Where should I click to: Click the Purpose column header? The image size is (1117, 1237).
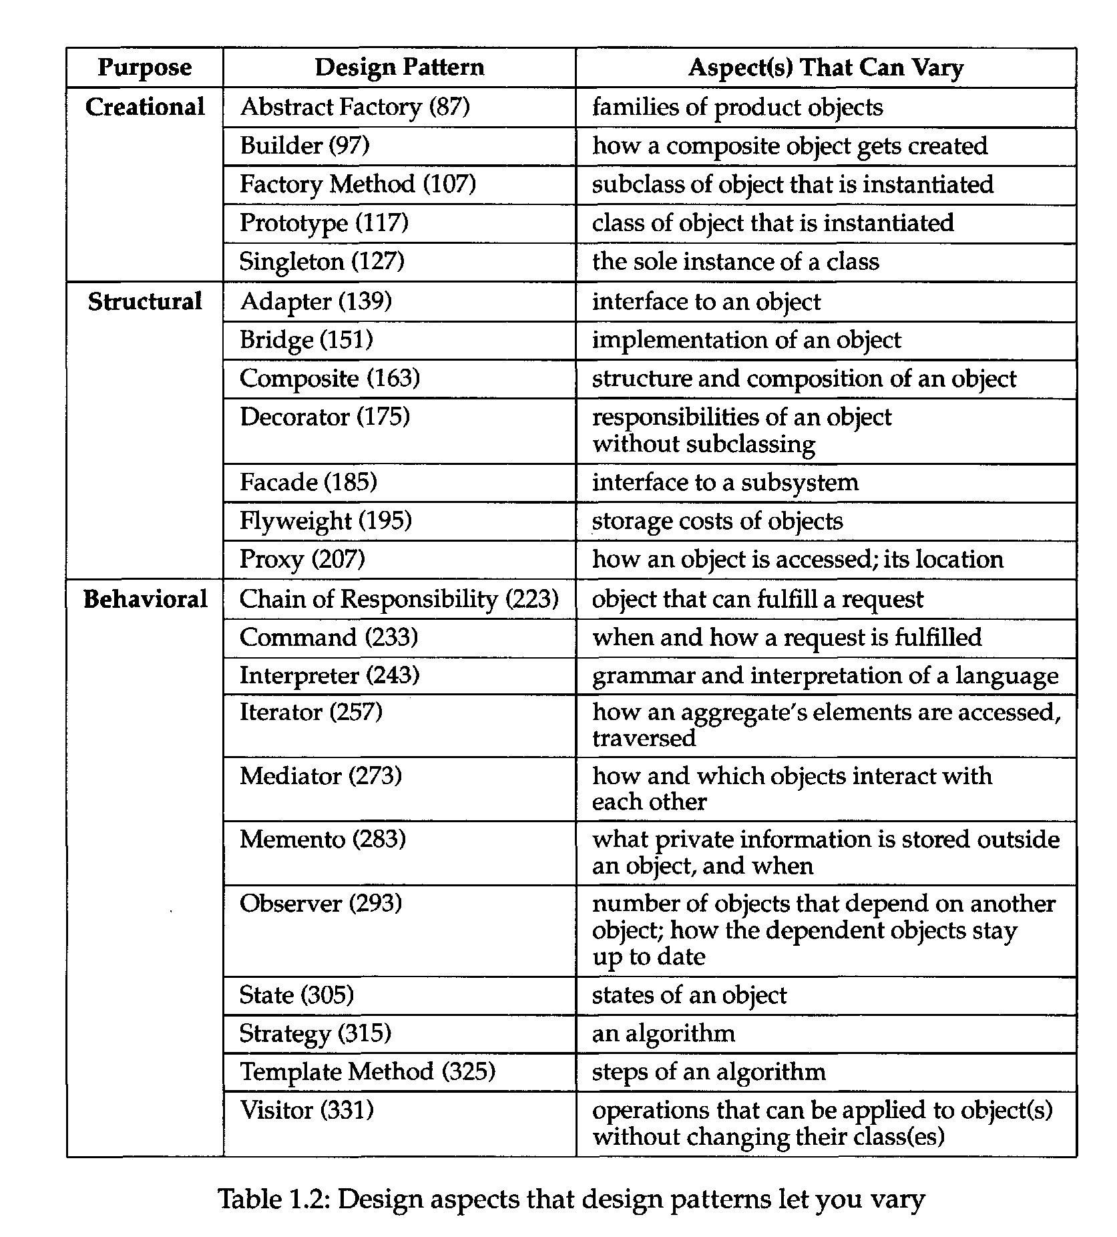coord(144,67)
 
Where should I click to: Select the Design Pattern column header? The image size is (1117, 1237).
coord(399,67)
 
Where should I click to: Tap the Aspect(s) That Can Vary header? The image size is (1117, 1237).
coord(825,67)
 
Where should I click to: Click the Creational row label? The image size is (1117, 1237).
coord(145,107)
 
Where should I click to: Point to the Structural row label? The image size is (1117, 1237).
coord(145,301)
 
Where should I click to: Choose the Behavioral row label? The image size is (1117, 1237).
coord(145,599)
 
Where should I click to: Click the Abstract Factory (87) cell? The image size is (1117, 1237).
coord(355,107)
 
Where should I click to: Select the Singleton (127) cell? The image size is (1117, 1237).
coord(322,261)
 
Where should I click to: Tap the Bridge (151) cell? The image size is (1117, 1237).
coord(306,340)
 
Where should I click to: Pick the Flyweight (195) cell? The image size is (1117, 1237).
coord(325,521)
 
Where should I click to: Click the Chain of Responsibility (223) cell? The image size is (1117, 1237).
coord(399,599)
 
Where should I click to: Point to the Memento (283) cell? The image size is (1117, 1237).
coord(322,839)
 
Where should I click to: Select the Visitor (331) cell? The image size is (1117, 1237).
coord(306,1110)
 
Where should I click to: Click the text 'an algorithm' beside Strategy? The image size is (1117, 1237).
coord(663,1033)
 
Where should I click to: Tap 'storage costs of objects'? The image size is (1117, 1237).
coord(717,521)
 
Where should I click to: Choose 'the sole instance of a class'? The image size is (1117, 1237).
coord(735,261)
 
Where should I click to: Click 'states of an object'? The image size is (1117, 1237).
coord(689,995)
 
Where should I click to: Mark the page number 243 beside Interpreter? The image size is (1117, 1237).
coord(393,675)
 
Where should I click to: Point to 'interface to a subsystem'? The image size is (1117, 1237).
coord(725,482)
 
